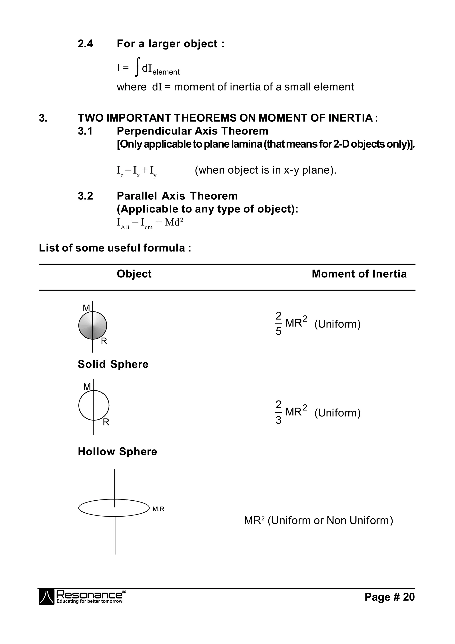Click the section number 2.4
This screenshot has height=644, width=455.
pyautogui.click(x=85, y=44)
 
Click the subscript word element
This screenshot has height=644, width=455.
pyautogui.click(x=166, y=72)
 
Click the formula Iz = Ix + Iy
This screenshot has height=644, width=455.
pyautogui.click(x=136, y=171)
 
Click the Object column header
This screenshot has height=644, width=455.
pyautogui.click(x=134, y=274)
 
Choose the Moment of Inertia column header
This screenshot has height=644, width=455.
pyautogui.click(x=359, y=274)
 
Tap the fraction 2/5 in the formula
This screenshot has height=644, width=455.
pyautogui.click(x=278, y=324)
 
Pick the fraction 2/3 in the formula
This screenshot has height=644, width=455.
pyautogui.click(x=278, y=412)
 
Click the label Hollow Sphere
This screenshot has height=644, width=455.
pyautogui.click(x=117, y=452)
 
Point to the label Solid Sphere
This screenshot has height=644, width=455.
pyautogui.click(x=113, y=364)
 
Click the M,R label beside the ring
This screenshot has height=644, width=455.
pyautogui.click(x=158, y=509)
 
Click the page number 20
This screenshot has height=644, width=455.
pyautogui.click(x=409, y=597)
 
